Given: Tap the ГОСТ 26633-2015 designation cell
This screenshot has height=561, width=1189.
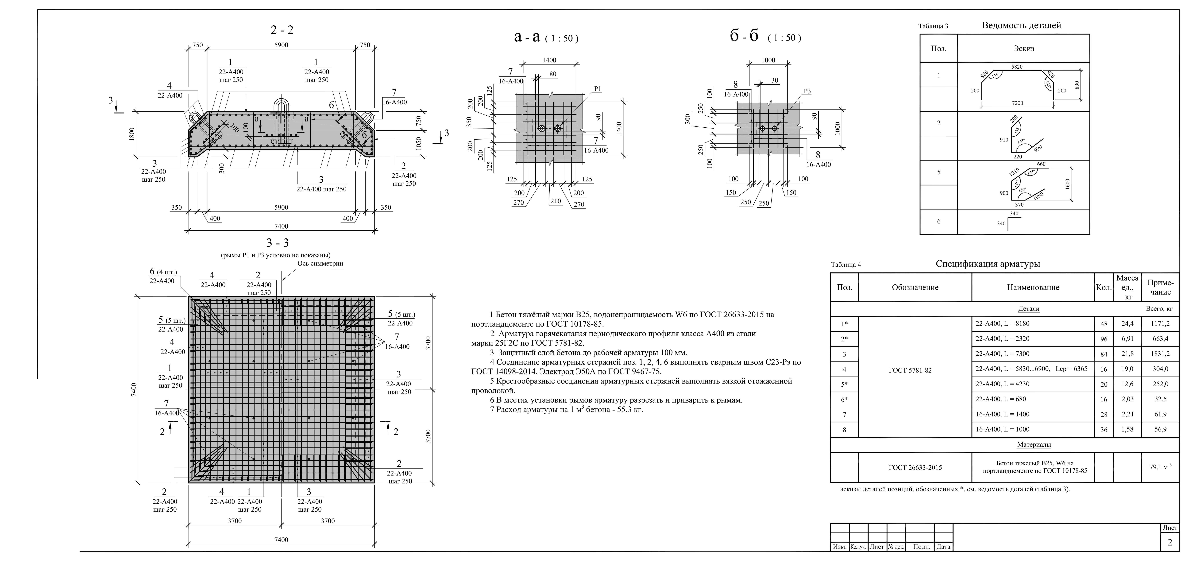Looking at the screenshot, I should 915,467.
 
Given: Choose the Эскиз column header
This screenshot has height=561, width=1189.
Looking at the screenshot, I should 1023,48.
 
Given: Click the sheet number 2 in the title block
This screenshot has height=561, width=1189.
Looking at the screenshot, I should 1170,542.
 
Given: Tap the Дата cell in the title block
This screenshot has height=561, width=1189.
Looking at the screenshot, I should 943,547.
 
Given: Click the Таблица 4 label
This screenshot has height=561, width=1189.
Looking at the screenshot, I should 846,265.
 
